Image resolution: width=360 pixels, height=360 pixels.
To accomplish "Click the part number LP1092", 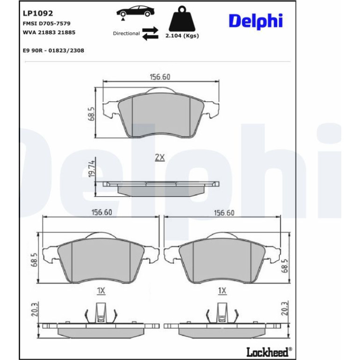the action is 38,13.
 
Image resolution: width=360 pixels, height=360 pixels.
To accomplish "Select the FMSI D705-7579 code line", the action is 47,23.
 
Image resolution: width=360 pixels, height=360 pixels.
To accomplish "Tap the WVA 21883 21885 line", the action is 49,32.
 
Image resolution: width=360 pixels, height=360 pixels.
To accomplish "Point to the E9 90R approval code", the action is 53,50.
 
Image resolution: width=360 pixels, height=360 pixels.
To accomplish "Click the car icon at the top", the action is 135,13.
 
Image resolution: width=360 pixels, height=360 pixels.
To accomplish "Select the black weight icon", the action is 182,19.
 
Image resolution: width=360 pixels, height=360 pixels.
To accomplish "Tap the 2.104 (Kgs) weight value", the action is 182,36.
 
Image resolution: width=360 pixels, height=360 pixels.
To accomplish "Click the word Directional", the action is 126,34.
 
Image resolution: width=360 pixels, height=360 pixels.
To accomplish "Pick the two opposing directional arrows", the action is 151,34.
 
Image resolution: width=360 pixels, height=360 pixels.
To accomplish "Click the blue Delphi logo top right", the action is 256,21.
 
